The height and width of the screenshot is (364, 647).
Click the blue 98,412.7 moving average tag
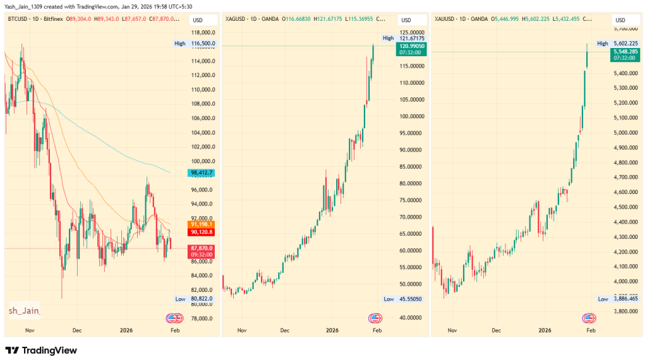coord(202,173)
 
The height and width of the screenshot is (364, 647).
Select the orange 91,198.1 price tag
coord(202,224)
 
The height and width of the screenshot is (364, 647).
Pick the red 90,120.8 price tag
coord(202,232)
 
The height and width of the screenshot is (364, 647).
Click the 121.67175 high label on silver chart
coord(411,39)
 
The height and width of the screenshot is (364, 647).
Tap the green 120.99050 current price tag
coord(411,47)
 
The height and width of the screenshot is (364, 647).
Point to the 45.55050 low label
coord(411,299)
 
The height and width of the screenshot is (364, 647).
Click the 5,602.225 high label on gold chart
coord(626,44)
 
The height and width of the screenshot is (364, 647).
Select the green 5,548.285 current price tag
coord(626,52)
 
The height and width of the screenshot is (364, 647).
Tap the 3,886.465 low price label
coord(626,299)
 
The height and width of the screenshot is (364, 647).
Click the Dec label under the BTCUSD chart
coord(77,330)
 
